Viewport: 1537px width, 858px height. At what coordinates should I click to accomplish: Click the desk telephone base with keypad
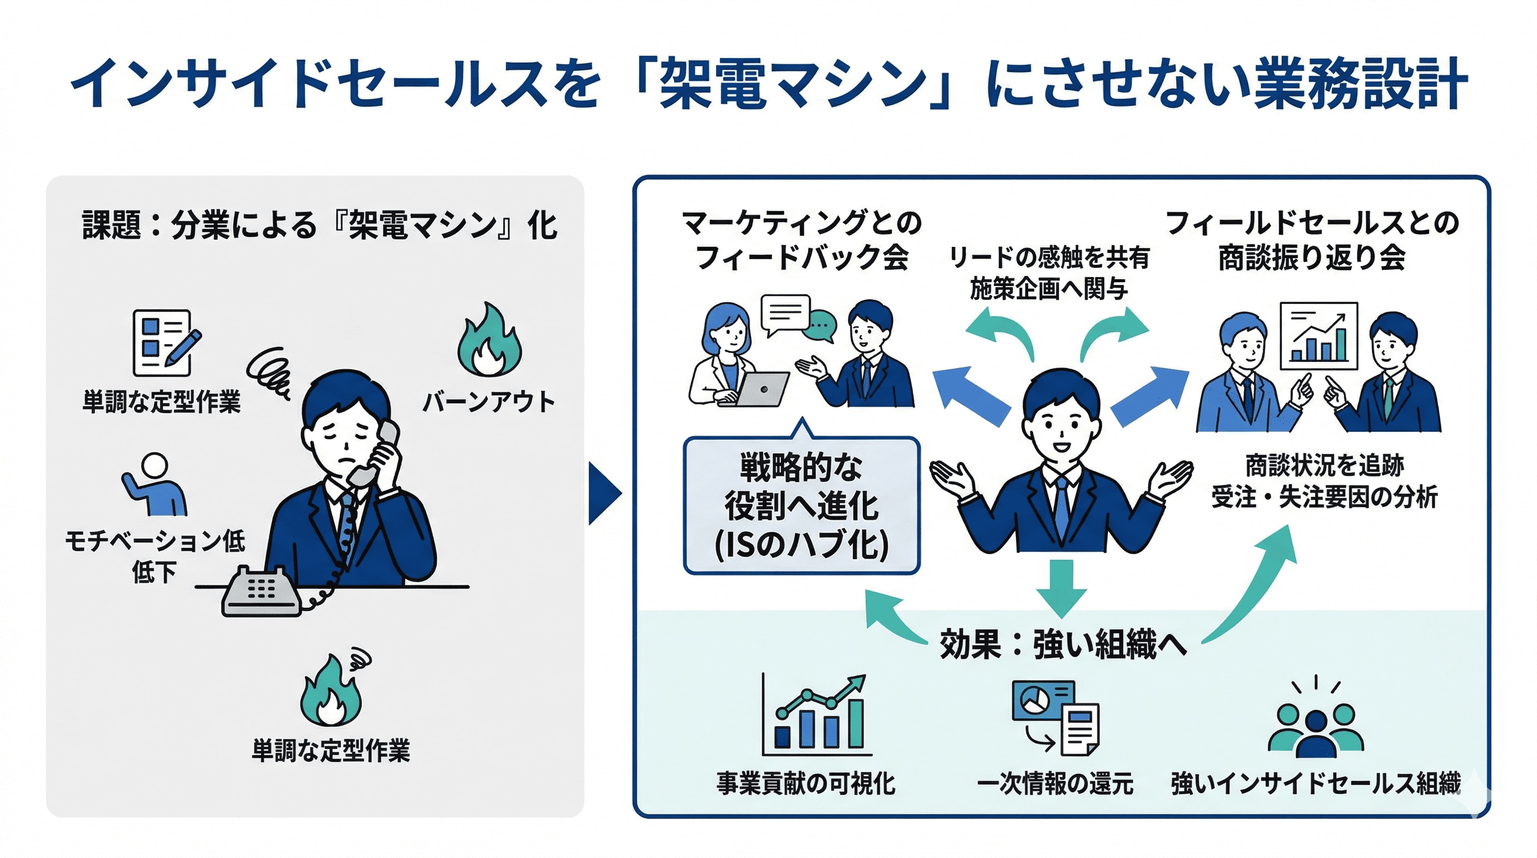(261, 593)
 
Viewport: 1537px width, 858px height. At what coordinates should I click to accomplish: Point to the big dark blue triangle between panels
(604, 493)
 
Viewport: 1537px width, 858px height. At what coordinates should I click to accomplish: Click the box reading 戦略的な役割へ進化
(801, 506)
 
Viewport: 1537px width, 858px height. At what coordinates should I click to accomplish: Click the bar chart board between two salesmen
(1319, 336)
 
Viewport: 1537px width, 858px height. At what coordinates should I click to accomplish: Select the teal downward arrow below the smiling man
(1061, 588)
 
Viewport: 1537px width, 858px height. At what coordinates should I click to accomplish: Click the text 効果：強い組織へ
(1063, 645)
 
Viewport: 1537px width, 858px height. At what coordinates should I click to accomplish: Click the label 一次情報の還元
(1054, 783)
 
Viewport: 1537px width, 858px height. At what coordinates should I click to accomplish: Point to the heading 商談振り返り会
(1311, 258)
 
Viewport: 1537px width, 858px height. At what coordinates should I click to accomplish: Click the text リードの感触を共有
(1049, 258)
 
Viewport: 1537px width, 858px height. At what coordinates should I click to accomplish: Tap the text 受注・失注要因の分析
(1324, 497)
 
